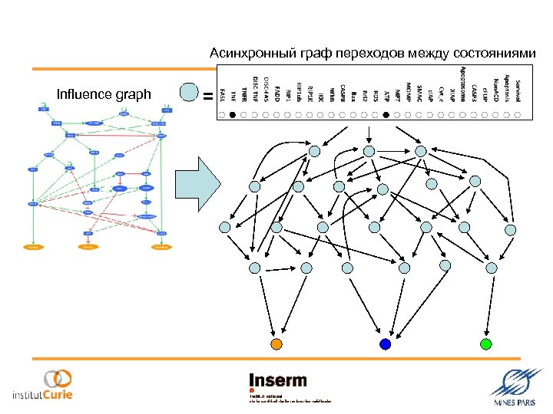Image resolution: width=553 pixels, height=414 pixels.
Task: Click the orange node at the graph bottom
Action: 277,343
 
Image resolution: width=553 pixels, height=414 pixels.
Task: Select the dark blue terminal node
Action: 386,344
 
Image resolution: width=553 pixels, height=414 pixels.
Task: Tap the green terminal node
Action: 485,343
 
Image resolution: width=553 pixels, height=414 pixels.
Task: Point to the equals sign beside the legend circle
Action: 207,96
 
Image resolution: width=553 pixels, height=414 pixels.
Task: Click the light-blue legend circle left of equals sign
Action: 189,93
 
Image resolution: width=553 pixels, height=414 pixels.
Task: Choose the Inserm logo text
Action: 278,381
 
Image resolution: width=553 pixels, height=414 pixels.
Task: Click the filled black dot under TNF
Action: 233,115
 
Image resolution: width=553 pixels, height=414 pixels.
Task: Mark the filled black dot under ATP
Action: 386,115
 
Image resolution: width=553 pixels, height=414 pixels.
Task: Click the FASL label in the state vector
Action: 222,94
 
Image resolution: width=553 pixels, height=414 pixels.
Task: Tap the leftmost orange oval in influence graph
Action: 33,248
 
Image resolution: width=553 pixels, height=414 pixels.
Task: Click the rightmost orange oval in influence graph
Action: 161,248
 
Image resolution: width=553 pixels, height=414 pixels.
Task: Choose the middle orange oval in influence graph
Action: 88,248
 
